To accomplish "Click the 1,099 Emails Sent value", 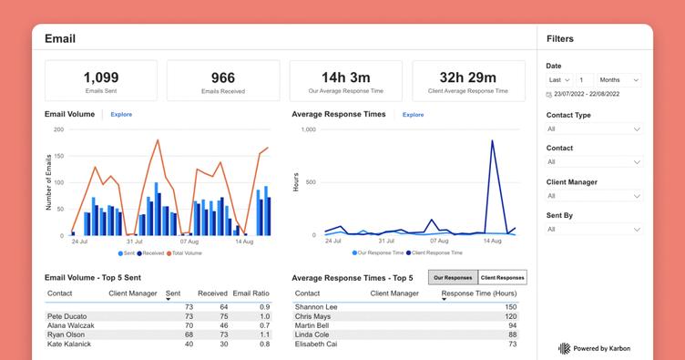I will (x=100, y=77).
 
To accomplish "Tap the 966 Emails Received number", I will (x=222, y=77).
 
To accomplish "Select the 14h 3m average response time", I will (x=345, y=77).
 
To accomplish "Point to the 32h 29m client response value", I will (x=467, y=77).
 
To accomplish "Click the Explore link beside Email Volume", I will (x=121, y=115).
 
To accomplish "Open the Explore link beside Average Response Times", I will (x=413, y=115).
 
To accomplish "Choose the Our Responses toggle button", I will (x=453, y=276).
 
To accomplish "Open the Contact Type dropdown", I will (x=594, y=129).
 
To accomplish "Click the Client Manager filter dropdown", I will (x=594, y=196).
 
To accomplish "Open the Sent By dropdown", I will (x=594, y=230).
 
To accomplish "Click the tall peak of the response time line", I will (x=493, y=141).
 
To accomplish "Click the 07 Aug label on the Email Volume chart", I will (x=189, y=242).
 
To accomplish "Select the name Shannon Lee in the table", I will (x=316, y=307).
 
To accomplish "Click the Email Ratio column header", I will (x=251, y=293).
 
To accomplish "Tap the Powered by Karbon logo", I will (x=594, y=348).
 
